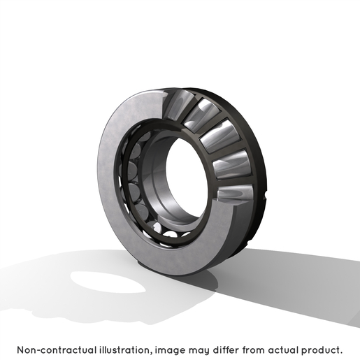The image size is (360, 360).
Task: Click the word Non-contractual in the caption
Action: [57, 350]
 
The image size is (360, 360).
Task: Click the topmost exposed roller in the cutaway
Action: [178, 105]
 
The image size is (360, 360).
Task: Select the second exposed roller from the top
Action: [201, 115]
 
